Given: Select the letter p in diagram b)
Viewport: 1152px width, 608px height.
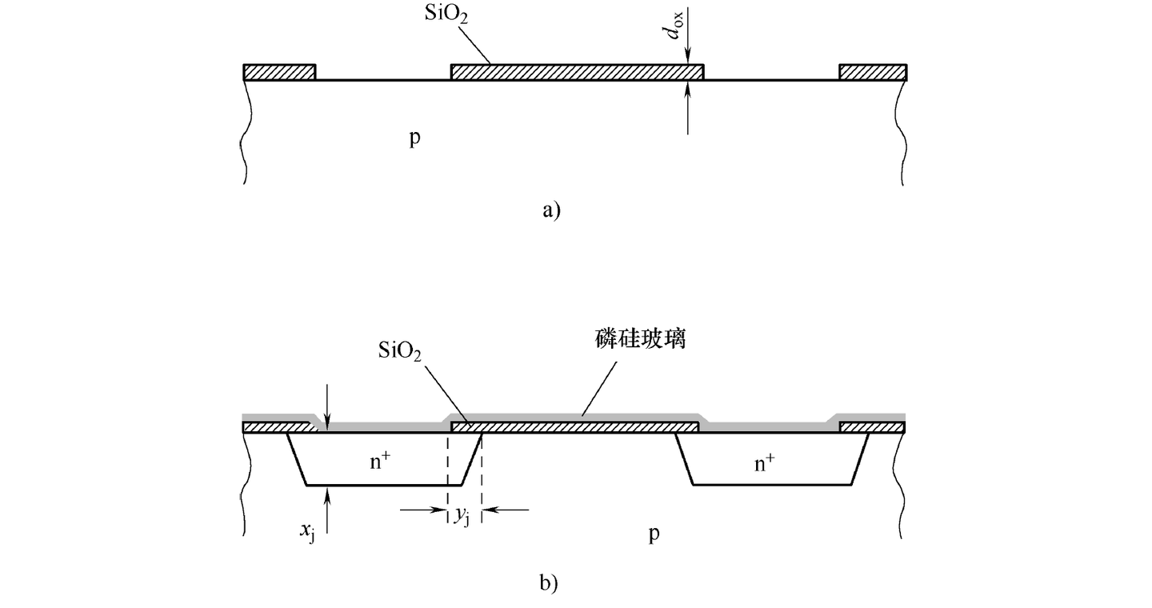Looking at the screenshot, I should (x=654, y=533).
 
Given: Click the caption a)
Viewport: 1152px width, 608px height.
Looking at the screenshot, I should (x=552, y=210).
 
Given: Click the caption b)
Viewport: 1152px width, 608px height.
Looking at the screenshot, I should (x=548, y=583).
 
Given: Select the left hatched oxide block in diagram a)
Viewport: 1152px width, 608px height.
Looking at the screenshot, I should (x=279, y=72).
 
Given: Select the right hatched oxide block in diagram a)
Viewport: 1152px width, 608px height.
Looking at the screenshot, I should (x=873, y=72).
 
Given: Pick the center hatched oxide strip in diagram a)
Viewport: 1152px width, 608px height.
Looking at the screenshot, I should (x=577, y=72).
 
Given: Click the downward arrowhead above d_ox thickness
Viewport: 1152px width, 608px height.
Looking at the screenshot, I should (x=688, y=57).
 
